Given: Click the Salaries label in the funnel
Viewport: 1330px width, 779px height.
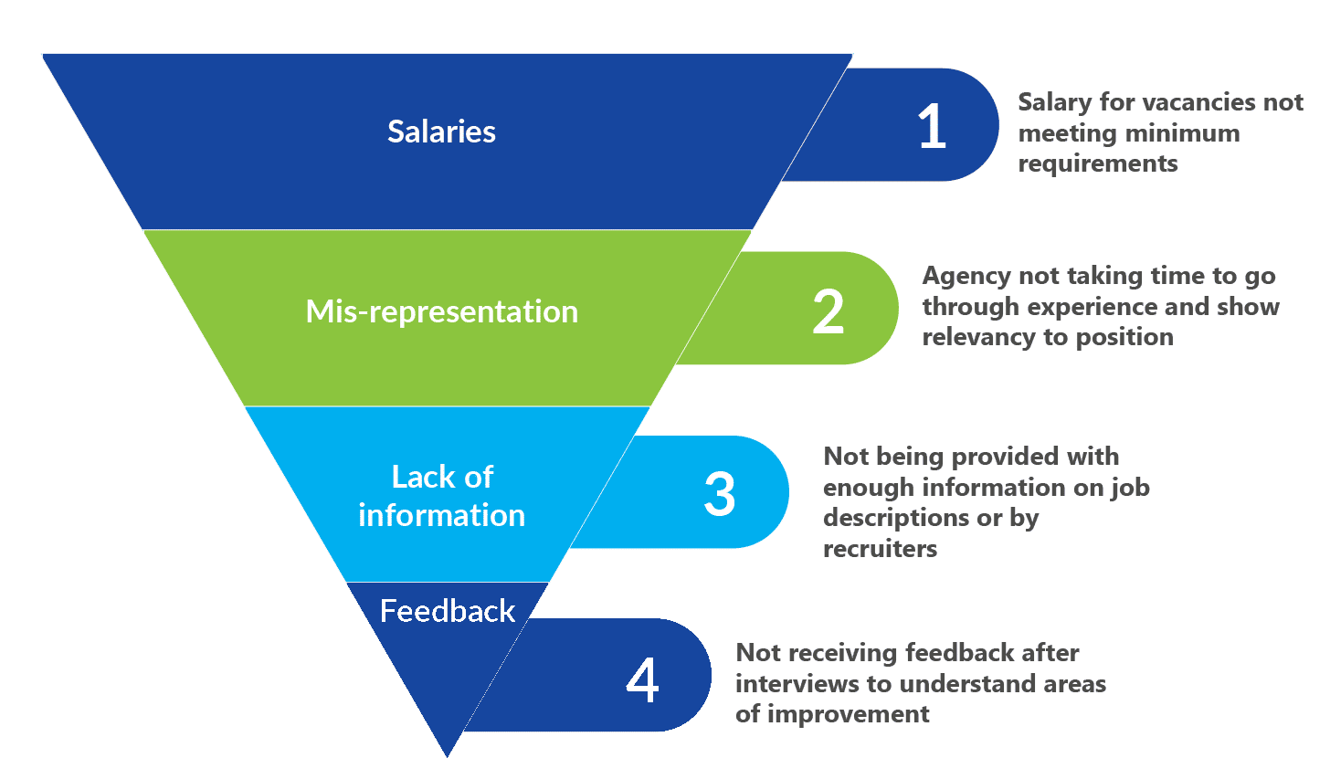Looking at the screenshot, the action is [x=441, y=132].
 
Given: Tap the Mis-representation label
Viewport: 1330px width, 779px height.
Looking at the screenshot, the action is [x=442, y=311].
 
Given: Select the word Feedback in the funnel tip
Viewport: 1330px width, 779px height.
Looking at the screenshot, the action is [x=447, y=611].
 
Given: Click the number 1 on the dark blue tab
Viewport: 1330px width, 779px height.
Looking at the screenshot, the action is [x=932, y=126].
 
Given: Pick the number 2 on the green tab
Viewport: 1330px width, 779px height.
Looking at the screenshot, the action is [x=829, y=311].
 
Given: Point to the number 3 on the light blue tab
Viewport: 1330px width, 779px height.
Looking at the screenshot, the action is [x=720, y=493].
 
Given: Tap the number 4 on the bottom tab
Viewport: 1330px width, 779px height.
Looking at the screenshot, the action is [x=642, y=679].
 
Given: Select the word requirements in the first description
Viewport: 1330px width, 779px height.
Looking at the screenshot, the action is [x=1098, y=163].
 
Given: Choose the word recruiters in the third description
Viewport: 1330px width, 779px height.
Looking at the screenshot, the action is [x=880, y=549].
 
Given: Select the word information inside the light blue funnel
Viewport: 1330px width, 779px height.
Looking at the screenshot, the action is [x=442, y=515].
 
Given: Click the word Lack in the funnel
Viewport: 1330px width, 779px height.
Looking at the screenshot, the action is [x=418, y=477].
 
